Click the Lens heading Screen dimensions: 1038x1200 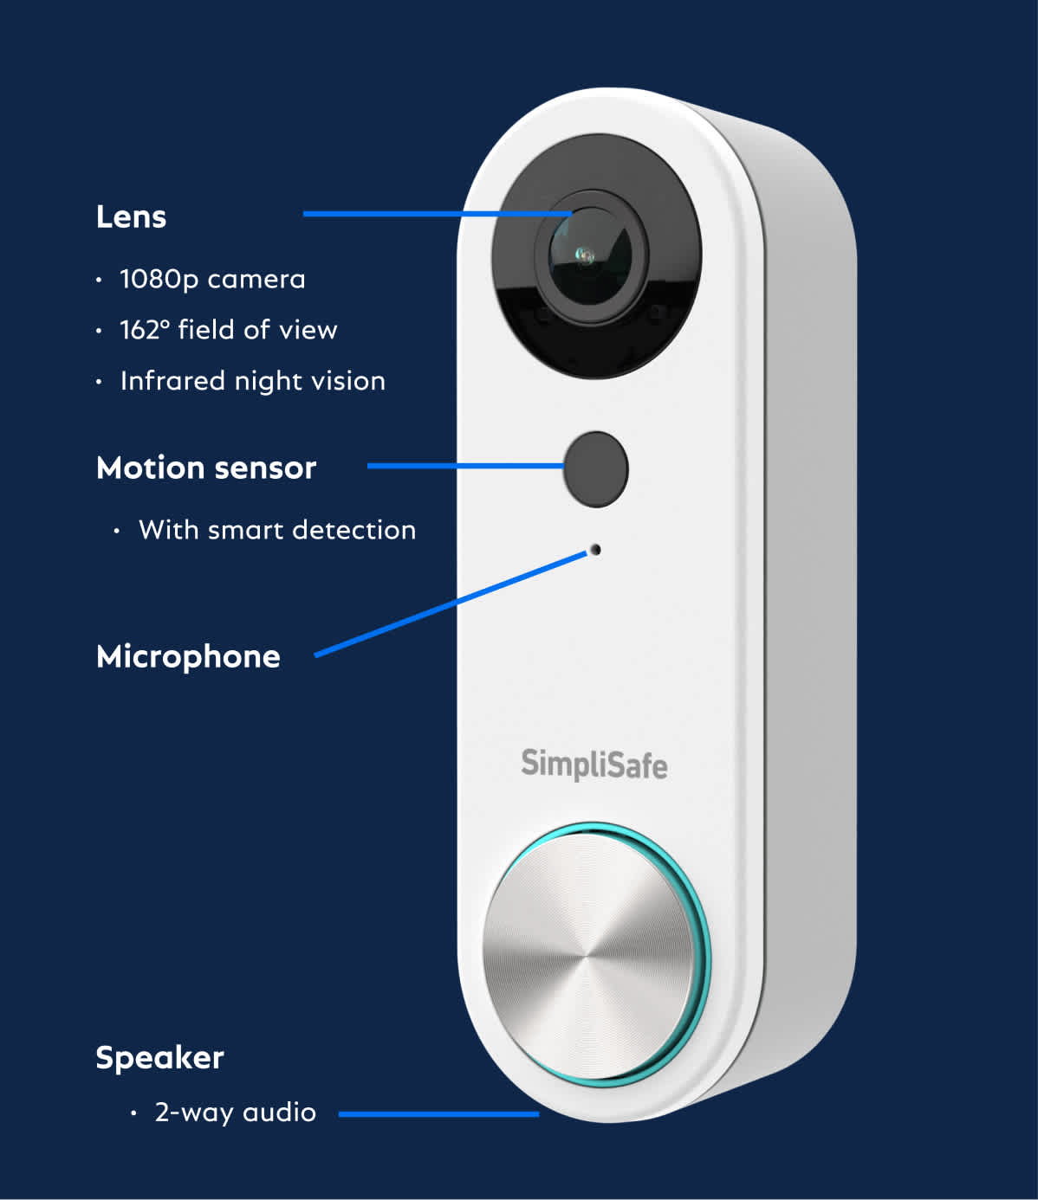point(132,217)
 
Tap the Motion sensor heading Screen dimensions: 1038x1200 point(206,468)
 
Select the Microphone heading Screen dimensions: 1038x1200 point(188,658)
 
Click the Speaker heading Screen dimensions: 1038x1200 point(159,1058)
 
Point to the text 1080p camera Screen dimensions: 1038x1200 point(212,280)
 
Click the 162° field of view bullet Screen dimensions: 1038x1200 point(228,330)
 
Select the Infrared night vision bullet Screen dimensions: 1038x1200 point(253,382)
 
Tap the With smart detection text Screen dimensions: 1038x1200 point(277,530)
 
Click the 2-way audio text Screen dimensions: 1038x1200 point(236,1113)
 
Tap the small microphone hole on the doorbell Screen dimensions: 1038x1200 point(595,550)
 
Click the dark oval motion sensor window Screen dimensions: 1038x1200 point(596,469)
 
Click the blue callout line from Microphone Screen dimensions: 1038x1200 point(451,604)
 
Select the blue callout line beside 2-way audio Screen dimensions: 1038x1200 point(439,1114)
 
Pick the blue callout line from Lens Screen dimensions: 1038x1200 point(438,214)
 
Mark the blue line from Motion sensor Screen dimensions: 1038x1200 point(466,466)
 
